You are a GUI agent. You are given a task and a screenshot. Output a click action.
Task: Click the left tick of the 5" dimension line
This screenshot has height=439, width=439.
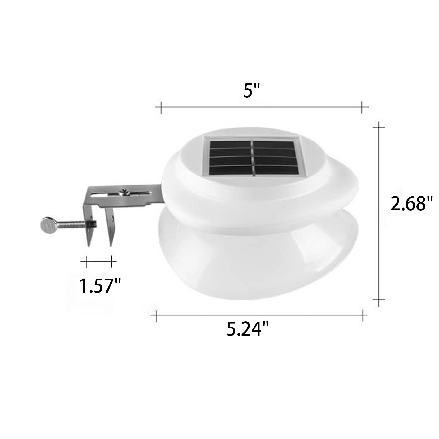[x=161, y=107]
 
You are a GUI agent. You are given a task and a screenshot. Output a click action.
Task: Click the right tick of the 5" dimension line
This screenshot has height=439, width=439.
[x=361, y=107]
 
